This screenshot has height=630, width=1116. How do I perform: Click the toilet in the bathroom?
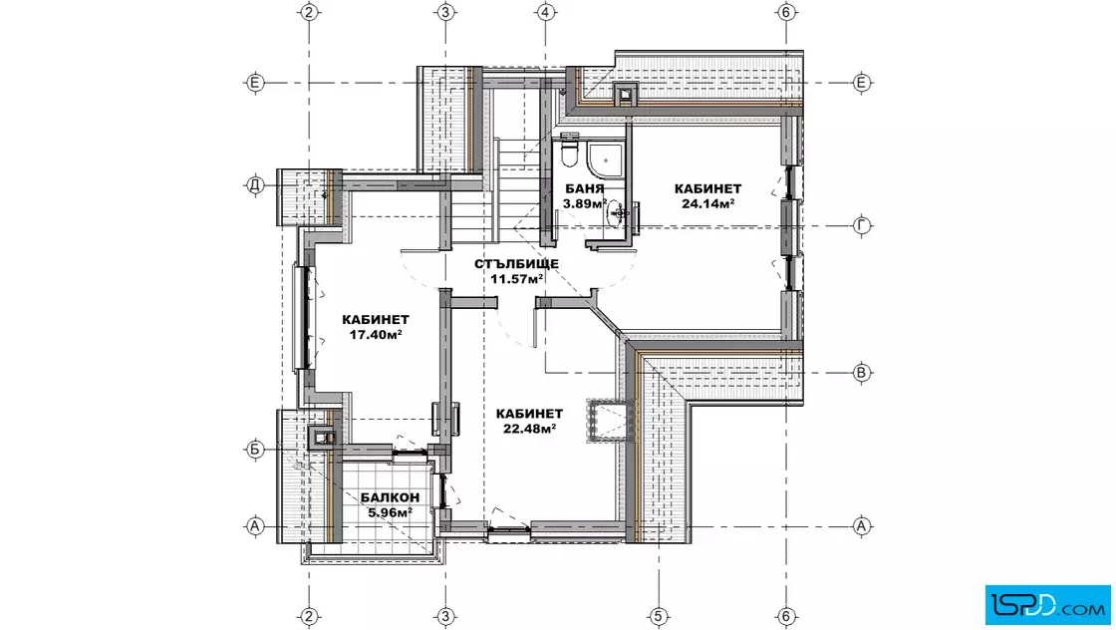click(x=569, y=151)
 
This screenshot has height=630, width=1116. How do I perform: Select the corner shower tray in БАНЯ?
click(x=605, y=158)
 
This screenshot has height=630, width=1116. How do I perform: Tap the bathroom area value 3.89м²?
click(x=584, y=203)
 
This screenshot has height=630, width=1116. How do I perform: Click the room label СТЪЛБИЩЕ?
click(x=517, y=264)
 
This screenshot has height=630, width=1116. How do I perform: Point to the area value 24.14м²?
click(x=708, y=203)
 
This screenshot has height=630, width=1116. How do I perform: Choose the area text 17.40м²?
click(x=376, y=335)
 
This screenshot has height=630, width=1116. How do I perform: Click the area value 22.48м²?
click(x=529, y=429)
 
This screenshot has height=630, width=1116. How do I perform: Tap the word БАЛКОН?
click(x=390, y=497)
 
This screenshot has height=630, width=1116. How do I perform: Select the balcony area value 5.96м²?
click(x=390, y=512)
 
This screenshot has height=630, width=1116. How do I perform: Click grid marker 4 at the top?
click(x=545, y=12)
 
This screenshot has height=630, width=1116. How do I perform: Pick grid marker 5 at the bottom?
click(x=659, y=616)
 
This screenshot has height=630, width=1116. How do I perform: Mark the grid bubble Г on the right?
click(x=862, y=225)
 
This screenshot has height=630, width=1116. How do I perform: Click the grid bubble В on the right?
click(x=862, y=372)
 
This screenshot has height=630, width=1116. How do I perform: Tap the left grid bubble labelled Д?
click(x=255, y=185)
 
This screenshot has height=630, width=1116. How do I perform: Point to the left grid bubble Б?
click(x=255, y=450)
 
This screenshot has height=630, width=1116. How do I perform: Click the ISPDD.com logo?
click(x=1047, y=605)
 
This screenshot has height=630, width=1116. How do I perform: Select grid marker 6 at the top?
click(x=786, y=12)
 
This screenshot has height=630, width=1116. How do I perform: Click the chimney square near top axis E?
click(x=625, y=94)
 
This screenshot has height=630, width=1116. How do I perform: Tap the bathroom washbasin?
click(x=620, y=212)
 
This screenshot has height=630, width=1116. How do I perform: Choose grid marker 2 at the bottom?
click(x=309, y=616)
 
